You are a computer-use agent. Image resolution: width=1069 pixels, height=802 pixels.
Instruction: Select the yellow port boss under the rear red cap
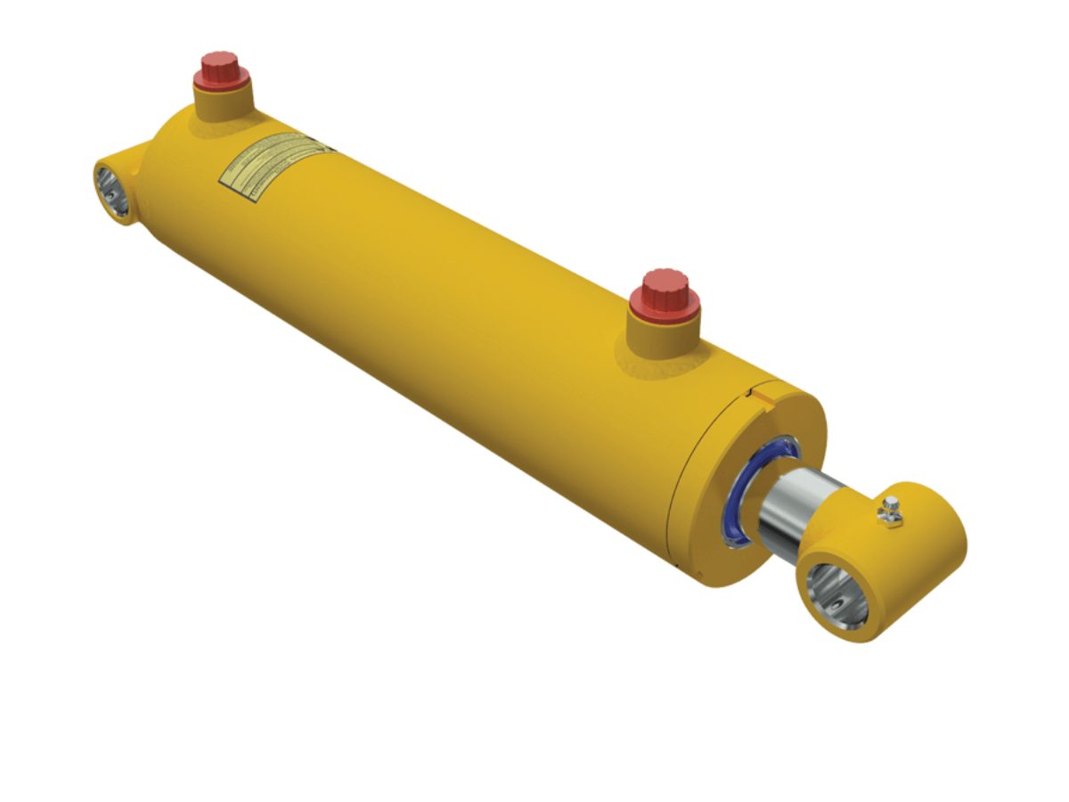coord(223,100)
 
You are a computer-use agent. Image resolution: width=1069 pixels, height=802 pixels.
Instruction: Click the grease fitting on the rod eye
coord(890,511)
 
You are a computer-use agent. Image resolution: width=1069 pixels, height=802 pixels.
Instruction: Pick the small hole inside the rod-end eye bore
coord(838,605)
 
